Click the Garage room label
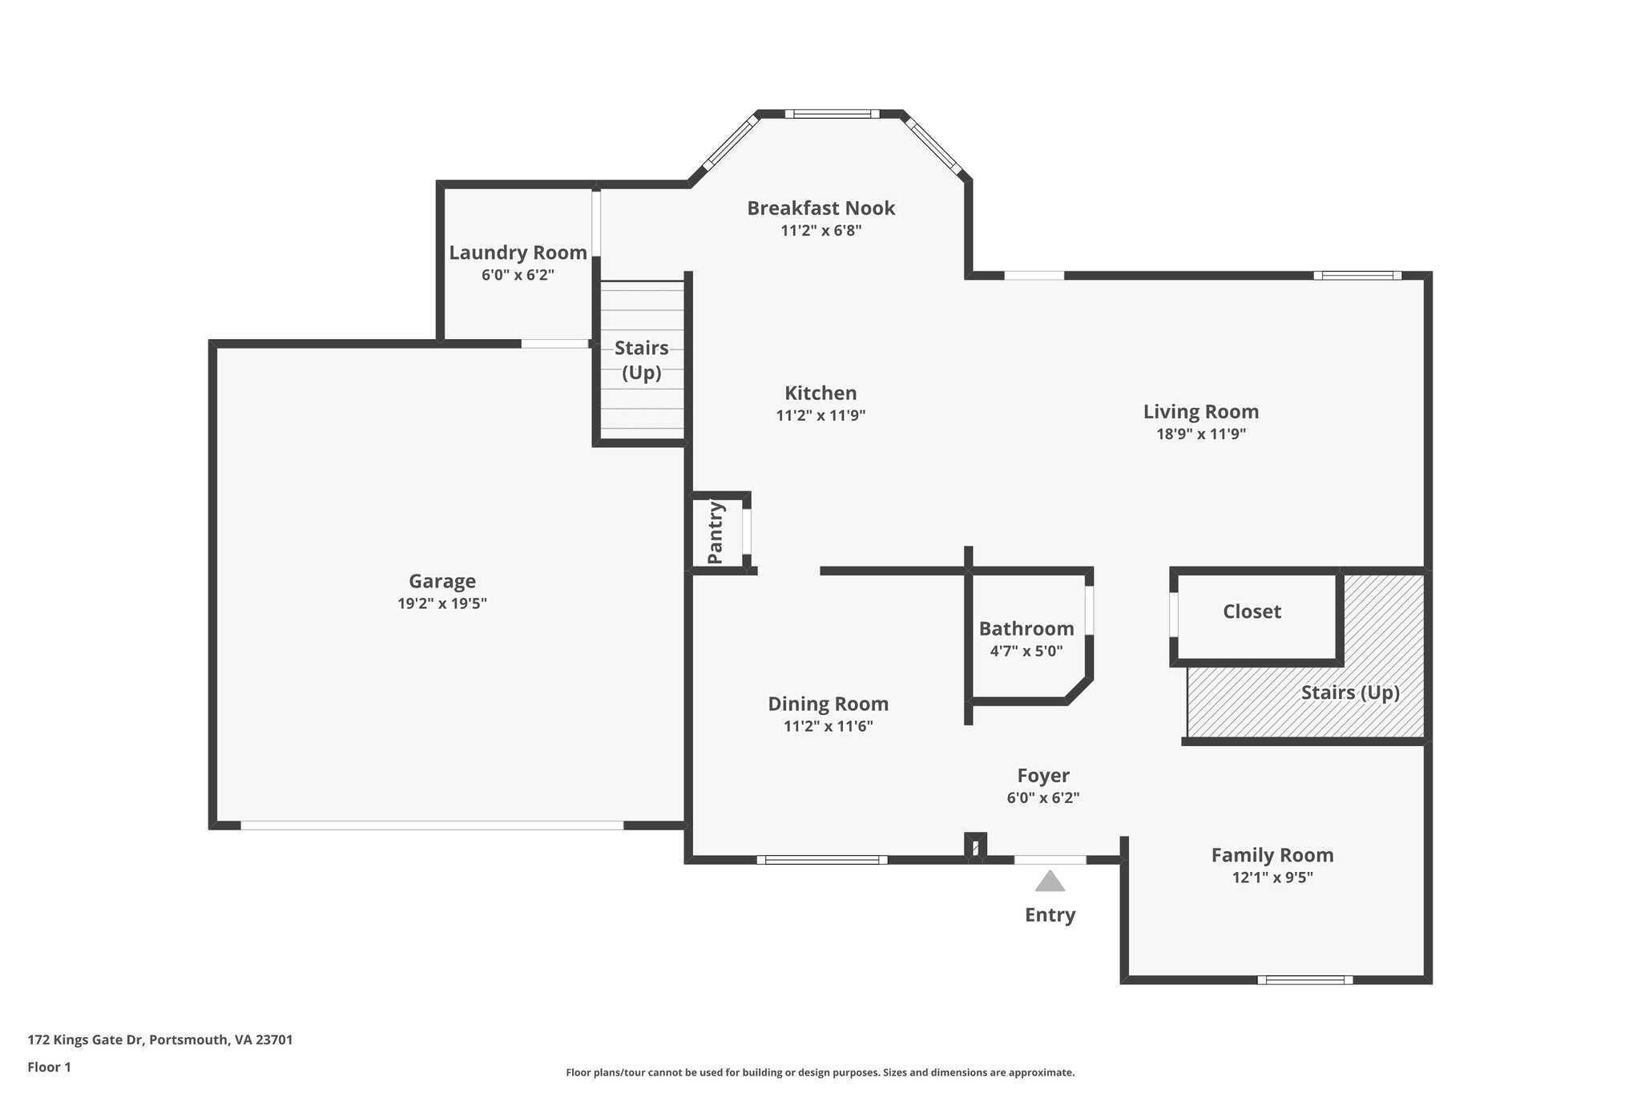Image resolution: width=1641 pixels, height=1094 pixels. tap(441, 581)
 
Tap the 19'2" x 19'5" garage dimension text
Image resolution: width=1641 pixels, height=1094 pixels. tap(441, 604)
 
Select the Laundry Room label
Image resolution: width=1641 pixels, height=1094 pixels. tap(518, 252)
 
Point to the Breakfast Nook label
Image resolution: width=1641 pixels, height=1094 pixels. tap(820, 208)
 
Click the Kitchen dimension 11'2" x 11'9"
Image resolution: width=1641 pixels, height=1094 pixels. tap(820, 415)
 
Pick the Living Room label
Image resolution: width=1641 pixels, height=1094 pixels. tap(1200, 412)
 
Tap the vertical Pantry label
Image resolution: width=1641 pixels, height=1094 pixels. tap(716, 532)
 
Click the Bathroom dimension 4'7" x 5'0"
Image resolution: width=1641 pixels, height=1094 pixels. tap(1026, 651)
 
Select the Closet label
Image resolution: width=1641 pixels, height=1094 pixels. tap(1252, 612)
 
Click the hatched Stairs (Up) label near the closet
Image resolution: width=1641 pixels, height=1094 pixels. tap(1349, 692)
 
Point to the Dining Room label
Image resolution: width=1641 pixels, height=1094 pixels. tap(828, 704)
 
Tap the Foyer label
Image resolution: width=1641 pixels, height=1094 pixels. tap(1042, 776)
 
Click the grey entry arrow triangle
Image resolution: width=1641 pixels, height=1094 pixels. tap(1050, 882)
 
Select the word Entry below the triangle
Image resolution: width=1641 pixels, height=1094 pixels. tap(1050, 914)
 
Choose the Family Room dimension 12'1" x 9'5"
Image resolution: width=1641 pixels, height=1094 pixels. tap(1272, 878)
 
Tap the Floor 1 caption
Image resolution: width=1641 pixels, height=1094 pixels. tap(49, 1067)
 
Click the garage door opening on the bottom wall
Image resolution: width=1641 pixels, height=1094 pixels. tap(432, 825)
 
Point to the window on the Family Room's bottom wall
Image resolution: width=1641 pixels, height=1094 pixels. tap(1304, 979)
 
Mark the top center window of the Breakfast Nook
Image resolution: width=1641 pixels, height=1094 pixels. tap(832, 114)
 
